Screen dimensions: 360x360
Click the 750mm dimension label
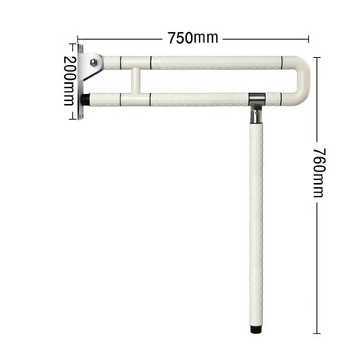click(193, 38)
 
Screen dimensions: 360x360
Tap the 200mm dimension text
click(70, 81)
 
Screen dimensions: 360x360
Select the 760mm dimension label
click(319, 173)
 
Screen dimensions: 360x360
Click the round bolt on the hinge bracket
click(94, 62)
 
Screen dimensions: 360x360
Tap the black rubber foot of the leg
click(255, 329)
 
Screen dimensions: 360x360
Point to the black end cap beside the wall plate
click(87, 99)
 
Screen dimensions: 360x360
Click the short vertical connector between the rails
click(135, 81)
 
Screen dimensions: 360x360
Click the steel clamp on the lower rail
click(257, 99)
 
